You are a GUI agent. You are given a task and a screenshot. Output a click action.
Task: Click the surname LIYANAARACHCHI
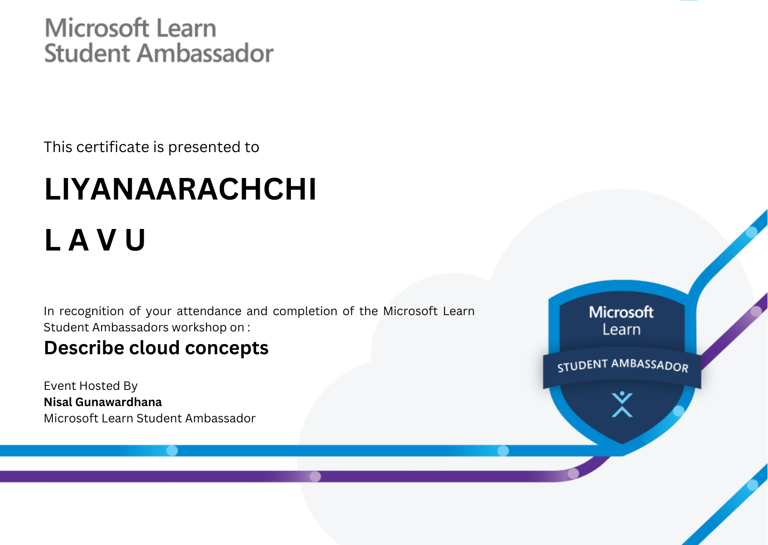point(180,189)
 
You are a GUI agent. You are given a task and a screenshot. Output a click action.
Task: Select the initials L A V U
point(94,240)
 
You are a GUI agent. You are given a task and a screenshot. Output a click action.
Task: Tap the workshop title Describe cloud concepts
point(156,348)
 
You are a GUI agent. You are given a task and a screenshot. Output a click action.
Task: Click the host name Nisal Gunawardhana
point(103,402)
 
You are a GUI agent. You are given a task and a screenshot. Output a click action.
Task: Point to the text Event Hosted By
point(91,385)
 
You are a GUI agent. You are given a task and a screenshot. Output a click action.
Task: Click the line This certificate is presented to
point(152,147)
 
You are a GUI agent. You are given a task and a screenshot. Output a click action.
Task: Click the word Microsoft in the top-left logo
point(97,28)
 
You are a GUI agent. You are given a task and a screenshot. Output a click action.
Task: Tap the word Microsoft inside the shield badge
point(621,312)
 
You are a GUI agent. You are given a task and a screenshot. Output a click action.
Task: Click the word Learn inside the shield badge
point(621,330)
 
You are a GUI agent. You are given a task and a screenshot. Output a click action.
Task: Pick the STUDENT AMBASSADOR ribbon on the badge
point(622,365)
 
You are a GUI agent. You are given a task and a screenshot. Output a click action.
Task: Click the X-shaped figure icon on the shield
point(622,404)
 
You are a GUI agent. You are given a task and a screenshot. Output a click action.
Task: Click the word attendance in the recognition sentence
point(209,311)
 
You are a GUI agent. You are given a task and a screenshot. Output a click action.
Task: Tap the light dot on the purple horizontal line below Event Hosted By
point(315,476)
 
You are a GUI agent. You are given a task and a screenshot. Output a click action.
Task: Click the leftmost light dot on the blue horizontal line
point(172,451)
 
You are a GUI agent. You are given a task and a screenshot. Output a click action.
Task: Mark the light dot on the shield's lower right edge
point(678,411)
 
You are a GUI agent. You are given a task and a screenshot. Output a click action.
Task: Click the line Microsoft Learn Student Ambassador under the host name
point(149,418)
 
